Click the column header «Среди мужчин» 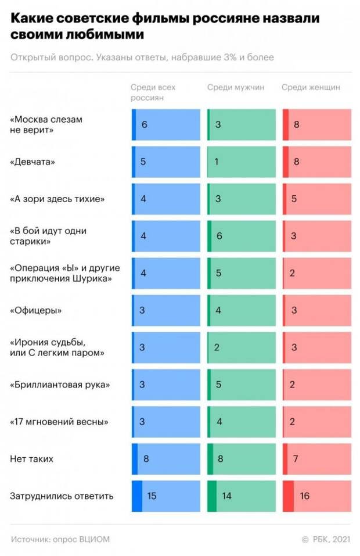(x=236, y=88)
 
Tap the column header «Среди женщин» (x=311, y=88)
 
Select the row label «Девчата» (x=33, y=162)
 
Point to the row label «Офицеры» (x=36, y=310)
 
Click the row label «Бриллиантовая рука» (x=60, y=385)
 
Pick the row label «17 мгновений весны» (x=59, y=422)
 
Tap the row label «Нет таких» (x=31, y=459)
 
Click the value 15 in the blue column (x=152, y=496)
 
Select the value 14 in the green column (x=227, y=496)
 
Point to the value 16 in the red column (x=305, y=496)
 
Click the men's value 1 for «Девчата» (x=217, y=162)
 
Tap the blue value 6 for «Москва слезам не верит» (x=145, y=125)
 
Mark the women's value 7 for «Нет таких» (x=296, y=459)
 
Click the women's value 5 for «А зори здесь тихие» (x=294, y=199)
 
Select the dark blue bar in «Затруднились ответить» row (x=137, y=496)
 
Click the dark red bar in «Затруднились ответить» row (x=288, y=496)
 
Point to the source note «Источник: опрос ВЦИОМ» (x=60, y=539)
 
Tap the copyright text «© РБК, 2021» (x=326, y=539)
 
